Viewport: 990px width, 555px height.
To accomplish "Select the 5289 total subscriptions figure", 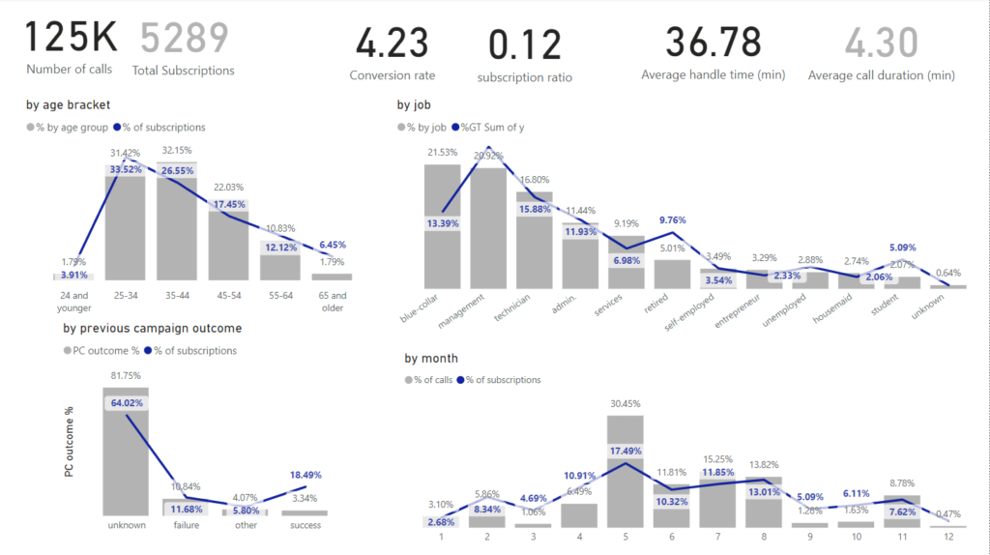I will [x=184, y=38].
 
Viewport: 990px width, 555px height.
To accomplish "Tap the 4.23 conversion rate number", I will [x=392, y=44].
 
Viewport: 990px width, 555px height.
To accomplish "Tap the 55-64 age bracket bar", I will [x=280, y=266].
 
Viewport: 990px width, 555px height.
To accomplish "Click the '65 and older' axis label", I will [x=332, y=302].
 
